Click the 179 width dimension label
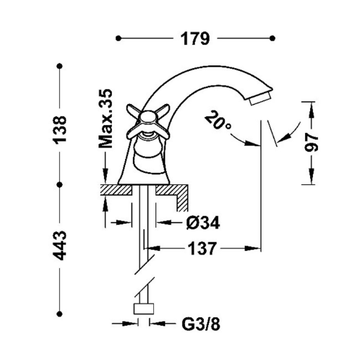[x=195, y=39]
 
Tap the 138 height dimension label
[x=60, y=130]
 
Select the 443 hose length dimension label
[x=60, y=245]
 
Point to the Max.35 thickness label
[x=105, y=119]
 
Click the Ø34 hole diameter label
[x=203, y=223]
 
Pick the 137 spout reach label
[x=202, y=249]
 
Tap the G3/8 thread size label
[x=201, y=324]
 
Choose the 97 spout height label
[x=311, y=143]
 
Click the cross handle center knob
[x=148, y=117]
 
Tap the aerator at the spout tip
[x=260, y=98]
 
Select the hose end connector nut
[x=143, y=309]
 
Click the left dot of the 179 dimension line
[x=119, y=38]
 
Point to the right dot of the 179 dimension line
[x=272, y=38]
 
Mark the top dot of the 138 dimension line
[x=60, y=66]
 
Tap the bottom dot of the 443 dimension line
[x=60, y=314]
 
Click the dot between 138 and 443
[x=60, y=185]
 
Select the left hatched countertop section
[x=116, y=190]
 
